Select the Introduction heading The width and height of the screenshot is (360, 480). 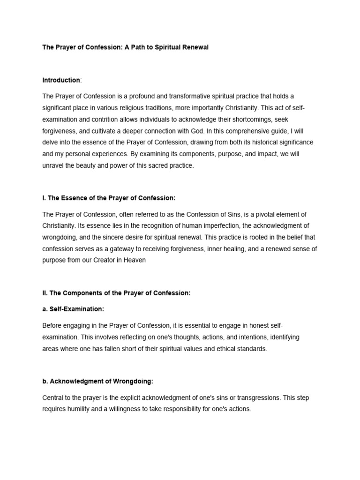click(x=61, y=80)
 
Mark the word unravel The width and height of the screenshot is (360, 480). click(x=52, y=165)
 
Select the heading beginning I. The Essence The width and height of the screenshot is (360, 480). click(x=109, y=198)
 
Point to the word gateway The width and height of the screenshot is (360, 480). click(x=122, y=249)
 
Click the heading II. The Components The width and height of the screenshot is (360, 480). click(x=116, y=293)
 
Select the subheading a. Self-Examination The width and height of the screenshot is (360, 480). click(x=73, y=309)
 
